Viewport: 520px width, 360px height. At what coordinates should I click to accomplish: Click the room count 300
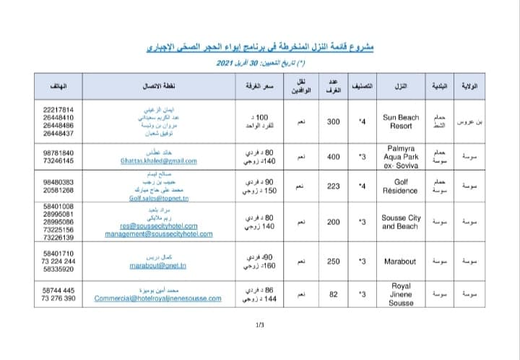click(334, 121)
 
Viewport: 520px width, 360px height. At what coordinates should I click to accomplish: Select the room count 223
click(334, 186)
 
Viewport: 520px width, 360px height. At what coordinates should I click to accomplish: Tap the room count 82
click(334, 295)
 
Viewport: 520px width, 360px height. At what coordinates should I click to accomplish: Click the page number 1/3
click(260, 325)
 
